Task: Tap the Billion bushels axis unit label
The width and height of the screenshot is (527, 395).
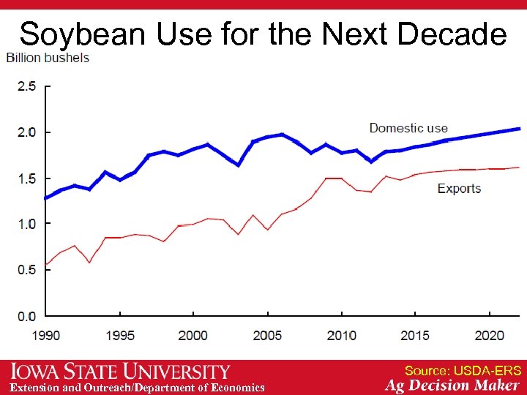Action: [x=48, y=58]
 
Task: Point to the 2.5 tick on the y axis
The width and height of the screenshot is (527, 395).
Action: [x=26, y=86]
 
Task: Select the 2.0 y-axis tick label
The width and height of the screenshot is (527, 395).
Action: [x=26, y=132]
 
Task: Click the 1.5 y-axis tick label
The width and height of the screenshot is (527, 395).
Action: [x=26, y=178]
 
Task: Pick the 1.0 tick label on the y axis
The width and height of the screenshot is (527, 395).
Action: [x=26, y=224]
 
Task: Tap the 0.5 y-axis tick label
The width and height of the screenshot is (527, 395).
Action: [x=26, y=270]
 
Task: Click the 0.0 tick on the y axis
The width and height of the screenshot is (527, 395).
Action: [x=26, y=316]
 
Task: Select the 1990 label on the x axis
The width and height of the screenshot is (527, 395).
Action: [x=45, y=335]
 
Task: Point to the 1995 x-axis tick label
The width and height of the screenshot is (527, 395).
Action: [x=119, y=335]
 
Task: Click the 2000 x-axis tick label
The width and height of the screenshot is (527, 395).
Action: [x=193, y=335]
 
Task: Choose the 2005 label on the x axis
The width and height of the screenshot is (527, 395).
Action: [x=267, y=335]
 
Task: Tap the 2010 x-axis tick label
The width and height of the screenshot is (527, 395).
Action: [x=341, y=335]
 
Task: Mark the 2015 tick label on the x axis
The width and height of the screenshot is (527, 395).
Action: [x=415, y=335]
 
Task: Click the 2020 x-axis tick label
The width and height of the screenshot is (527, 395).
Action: [x=489, y=335]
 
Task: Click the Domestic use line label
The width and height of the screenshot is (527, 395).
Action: [x=408, y=128]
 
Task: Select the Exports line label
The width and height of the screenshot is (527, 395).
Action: [x=459, y=189]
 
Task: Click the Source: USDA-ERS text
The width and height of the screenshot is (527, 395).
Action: [x=463, y=371]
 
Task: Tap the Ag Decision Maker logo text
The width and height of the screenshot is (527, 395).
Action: [x=452, y=385]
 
